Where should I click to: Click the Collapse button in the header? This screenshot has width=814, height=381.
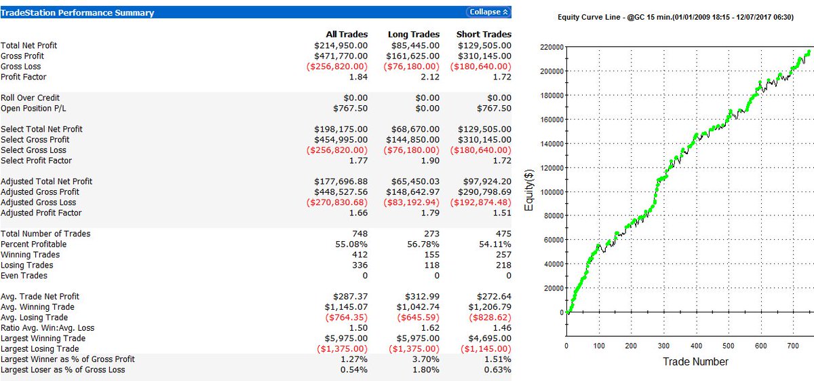tap(488, 12)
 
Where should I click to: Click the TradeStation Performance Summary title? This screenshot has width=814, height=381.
tap(78, 13)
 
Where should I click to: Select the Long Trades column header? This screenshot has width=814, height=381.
tap(413, 35)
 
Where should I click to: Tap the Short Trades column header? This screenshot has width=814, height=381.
tap(484, 35)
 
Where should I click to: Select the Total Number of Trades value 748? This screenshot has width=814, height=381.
tap(360, 234)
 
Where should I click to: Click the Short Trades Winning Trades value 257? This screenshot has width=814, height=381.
tap(503, 255)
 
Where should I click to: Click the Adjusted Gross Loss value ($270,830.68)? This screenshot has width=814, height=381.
tap(337, 202)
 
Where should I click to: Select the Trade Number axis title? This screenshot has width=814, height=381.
tap(696, 362)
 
